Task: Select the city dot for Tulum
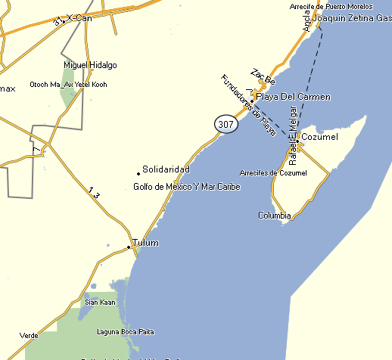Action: tap(129, 246)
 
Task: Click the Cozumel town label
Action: tap(318, 137)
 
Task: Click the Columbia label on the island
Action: tap(274, 216)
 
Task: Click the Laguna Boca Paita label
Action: tap(126, 331)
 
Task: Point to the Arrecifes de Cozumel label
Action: tap(273, 173)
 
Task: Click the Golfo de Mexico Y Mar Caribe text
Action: tap(186, 187)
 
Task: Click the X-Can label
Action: tap(79, 17)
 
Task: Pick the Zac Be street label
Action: tap(262, 78)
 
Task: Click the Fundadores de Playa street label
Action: tap(247, 105)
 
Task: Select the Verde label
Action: tap(29, 335)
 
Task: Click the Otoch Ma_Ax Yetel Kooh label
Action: tap(68, 84)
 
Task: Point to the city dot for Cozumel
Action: tap(298, 140)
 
